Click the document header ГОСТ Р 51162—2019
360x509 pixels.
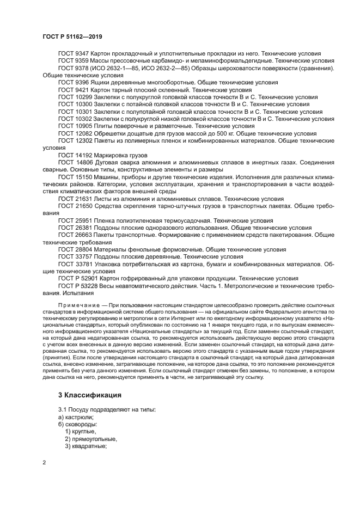(72, 36)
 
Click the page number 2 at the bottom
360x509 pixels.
(44, 462)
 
